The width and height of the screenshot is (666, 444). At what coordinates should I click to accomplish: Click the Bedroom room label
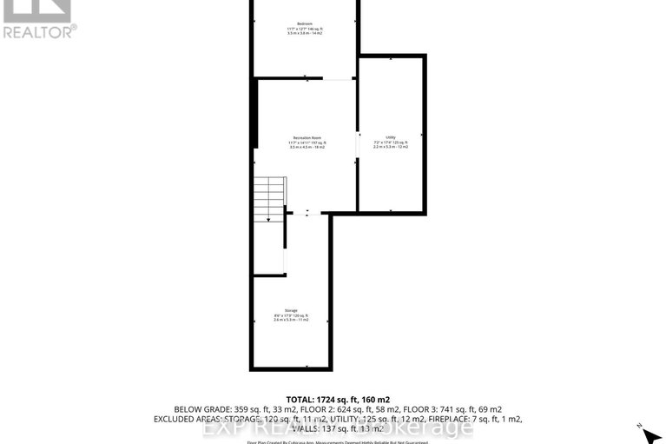(x=305, y=23)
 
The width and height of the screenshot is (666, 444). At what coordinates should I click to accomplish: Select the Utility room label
(x=391, y=137)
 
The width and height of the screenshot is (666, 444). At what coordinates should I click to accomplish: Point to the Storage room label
(x=291, y=310)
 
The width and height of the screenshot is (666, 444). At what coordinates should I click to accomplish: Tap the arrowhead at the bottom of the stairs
(x=269, y=219)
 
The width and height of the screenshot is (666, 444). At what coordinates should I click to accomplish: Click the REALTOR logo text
(x=39, y=31)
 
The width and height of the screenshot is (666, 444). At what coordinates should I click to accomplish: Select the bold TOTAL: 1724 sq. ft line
(x=333, y=397)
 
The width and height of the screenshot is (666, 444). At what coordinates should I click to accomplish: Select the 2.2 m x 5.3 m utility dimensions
(x=391, y=147)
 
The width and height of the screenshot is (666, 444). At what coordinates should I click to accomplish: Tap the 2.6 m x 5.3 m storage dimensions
(x=291, y=320)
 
